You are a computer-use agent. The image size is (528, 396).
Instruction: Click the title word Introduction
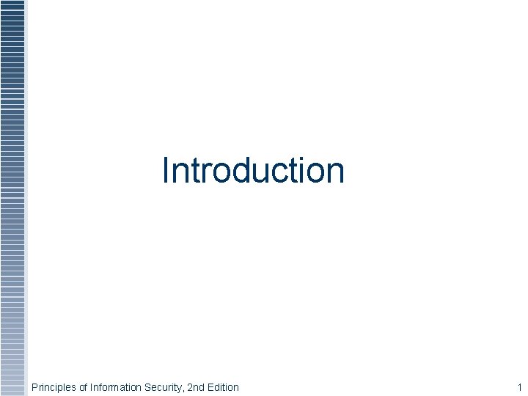point(253,170)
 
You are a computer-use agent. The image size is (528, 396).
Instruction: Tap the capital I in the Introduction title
point(166,170)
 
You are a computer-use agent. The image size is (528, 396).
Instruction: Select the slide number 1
point(519,387)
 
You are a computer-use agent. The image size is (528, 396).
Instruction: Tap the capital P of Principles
point(34,387)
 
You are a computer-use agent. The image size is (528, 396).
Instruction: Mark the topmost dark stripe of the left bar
point(12,3)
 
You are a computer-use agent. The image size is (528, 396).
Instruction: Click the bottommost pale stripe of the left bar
point(12,392)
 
